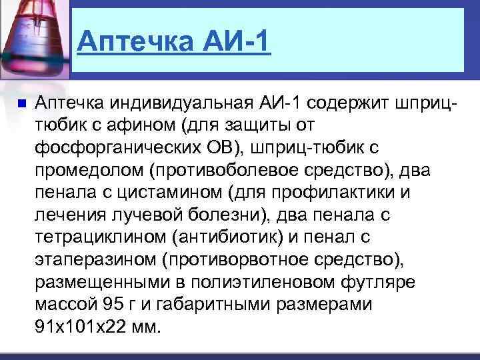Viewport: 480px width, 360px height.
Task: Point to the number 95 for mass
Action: coord(109,305)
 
